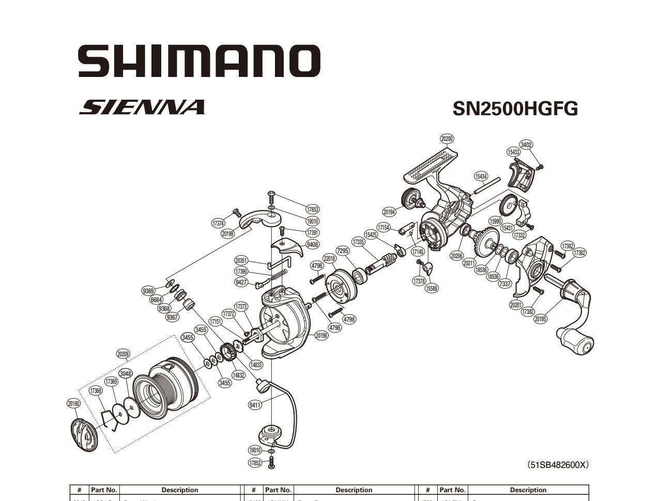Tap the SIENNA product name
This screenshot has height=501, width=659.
pos(142,107)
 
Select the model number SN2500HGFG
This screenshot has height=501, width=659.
pos(515,108)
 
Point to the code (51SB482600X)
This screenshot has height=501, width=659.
pos(557,465)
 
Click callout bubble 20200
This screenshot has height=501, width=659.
pos(447,138)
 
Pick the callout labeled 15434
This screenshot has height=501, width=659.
pos(481,177)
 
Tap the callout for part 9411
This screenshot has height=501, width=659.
pos(255,405)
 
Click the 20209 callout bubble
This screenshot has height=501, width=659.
pos(123,354)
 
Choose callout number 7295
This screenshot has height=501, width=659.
pos(343,251)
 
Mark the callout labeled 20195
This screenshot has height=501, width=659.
pos(540,319)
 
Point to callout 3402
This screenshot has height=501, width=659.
pos(526,145)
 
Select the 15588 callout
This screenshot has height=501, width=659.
pos(431,288)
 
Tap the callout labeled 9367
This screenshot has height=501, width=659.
pos(172,317)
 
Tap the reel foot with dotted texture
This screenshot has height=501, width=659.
pos(433,163)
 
